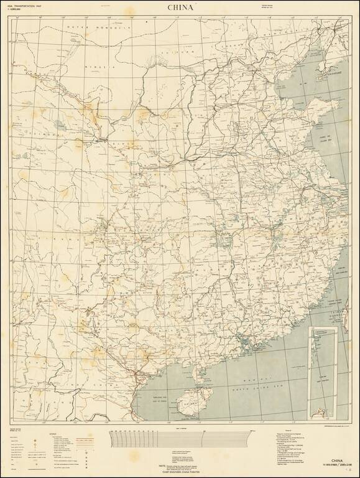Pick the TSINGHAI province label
(44, 134)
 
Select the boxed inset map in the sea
(321, 367)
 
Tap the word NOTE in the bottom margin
(163, 464)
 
